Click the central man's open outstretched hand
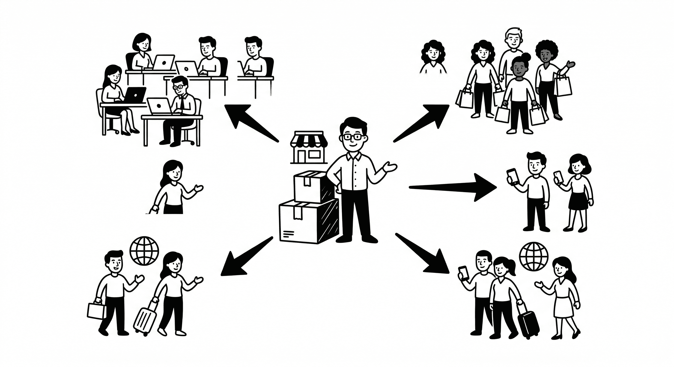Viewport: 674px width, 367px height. [x=390, y=167]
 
